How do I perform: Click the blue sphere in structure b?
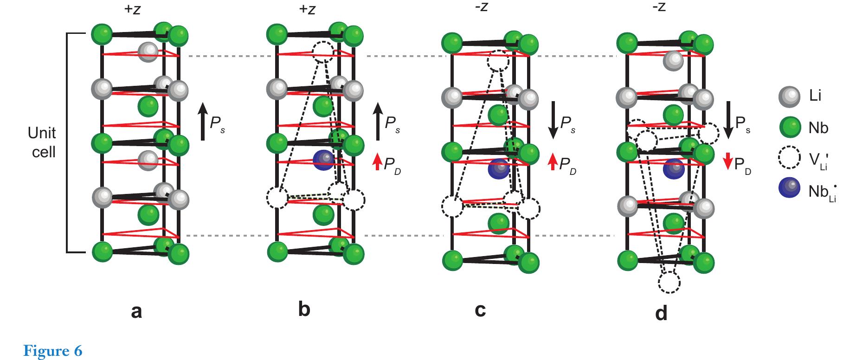coord(323,160)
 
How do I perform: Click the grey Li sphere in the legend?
coord(789,96)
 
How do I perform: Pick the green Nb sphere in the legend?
coord(789,127)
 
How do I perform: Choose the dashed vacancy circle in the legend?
coord(789,158)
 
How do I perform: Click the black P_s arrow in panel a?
coord(203,122)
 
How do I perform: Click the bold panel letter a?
coord(136,311)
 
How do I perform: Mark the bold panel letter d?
coord(661,314)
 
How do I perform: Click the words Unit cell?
coord(42,142)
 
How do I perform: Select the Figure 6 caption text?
coord(52,350)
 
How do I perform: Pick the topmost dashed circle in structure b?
coord(323,51)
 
